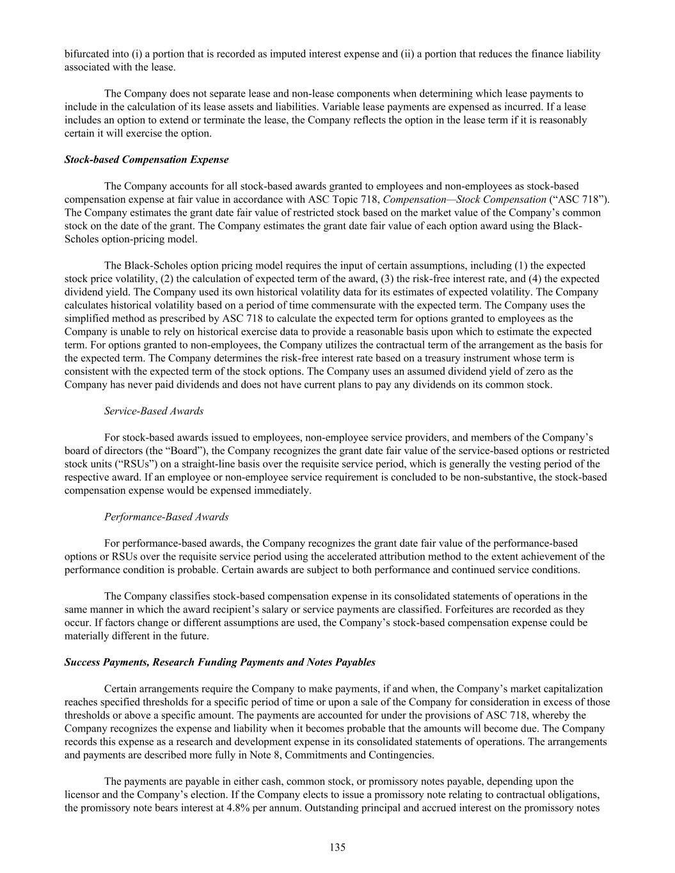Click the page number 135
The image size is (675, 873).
pyautogui.click(x=338, y=847)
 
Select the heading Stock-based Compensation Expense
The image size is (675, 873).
pyautogui.click(x=147, y=159)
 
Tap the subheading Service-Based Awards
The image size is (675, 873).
pyautogui.click(x=154, y=411)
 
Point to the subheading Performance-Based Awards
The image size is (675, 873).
pyautogui.click(x=166, y=516)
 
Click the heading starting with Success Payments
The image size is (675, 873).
pyautogui.click(x=219, y=662)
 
